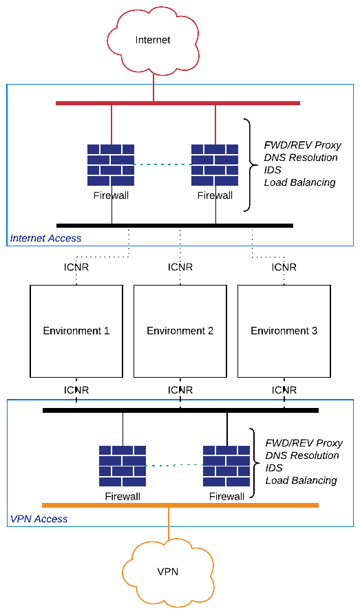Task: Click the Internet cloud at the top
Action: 153,41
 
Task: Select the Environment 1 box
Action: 76,331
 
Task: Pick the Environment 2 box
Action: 180,331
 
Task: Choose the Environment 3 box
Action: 284,331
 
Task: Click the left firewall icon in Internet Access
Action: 111,165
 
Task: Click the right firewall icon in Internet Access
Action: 215,165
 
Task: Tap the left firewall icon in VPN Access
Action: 123,466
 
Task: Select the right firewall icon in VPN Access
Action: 226,466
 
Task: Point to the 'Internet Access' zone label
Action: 45,239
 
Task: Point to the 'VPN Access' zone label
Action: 39,519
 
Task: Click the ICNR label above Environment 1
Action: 76,267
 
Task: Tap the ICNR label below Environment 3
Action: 284,390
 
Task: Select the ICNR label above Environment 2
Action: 180,267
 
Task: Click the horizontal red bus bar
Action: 178,103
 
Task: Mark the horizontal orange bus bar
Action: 180,505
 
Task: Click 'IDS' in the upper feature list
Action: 273,170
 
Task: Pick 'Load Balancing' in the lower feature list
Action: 301,480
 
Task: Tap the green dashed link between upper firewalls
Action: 162,164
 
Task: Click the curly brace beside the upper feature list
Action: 249,164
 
